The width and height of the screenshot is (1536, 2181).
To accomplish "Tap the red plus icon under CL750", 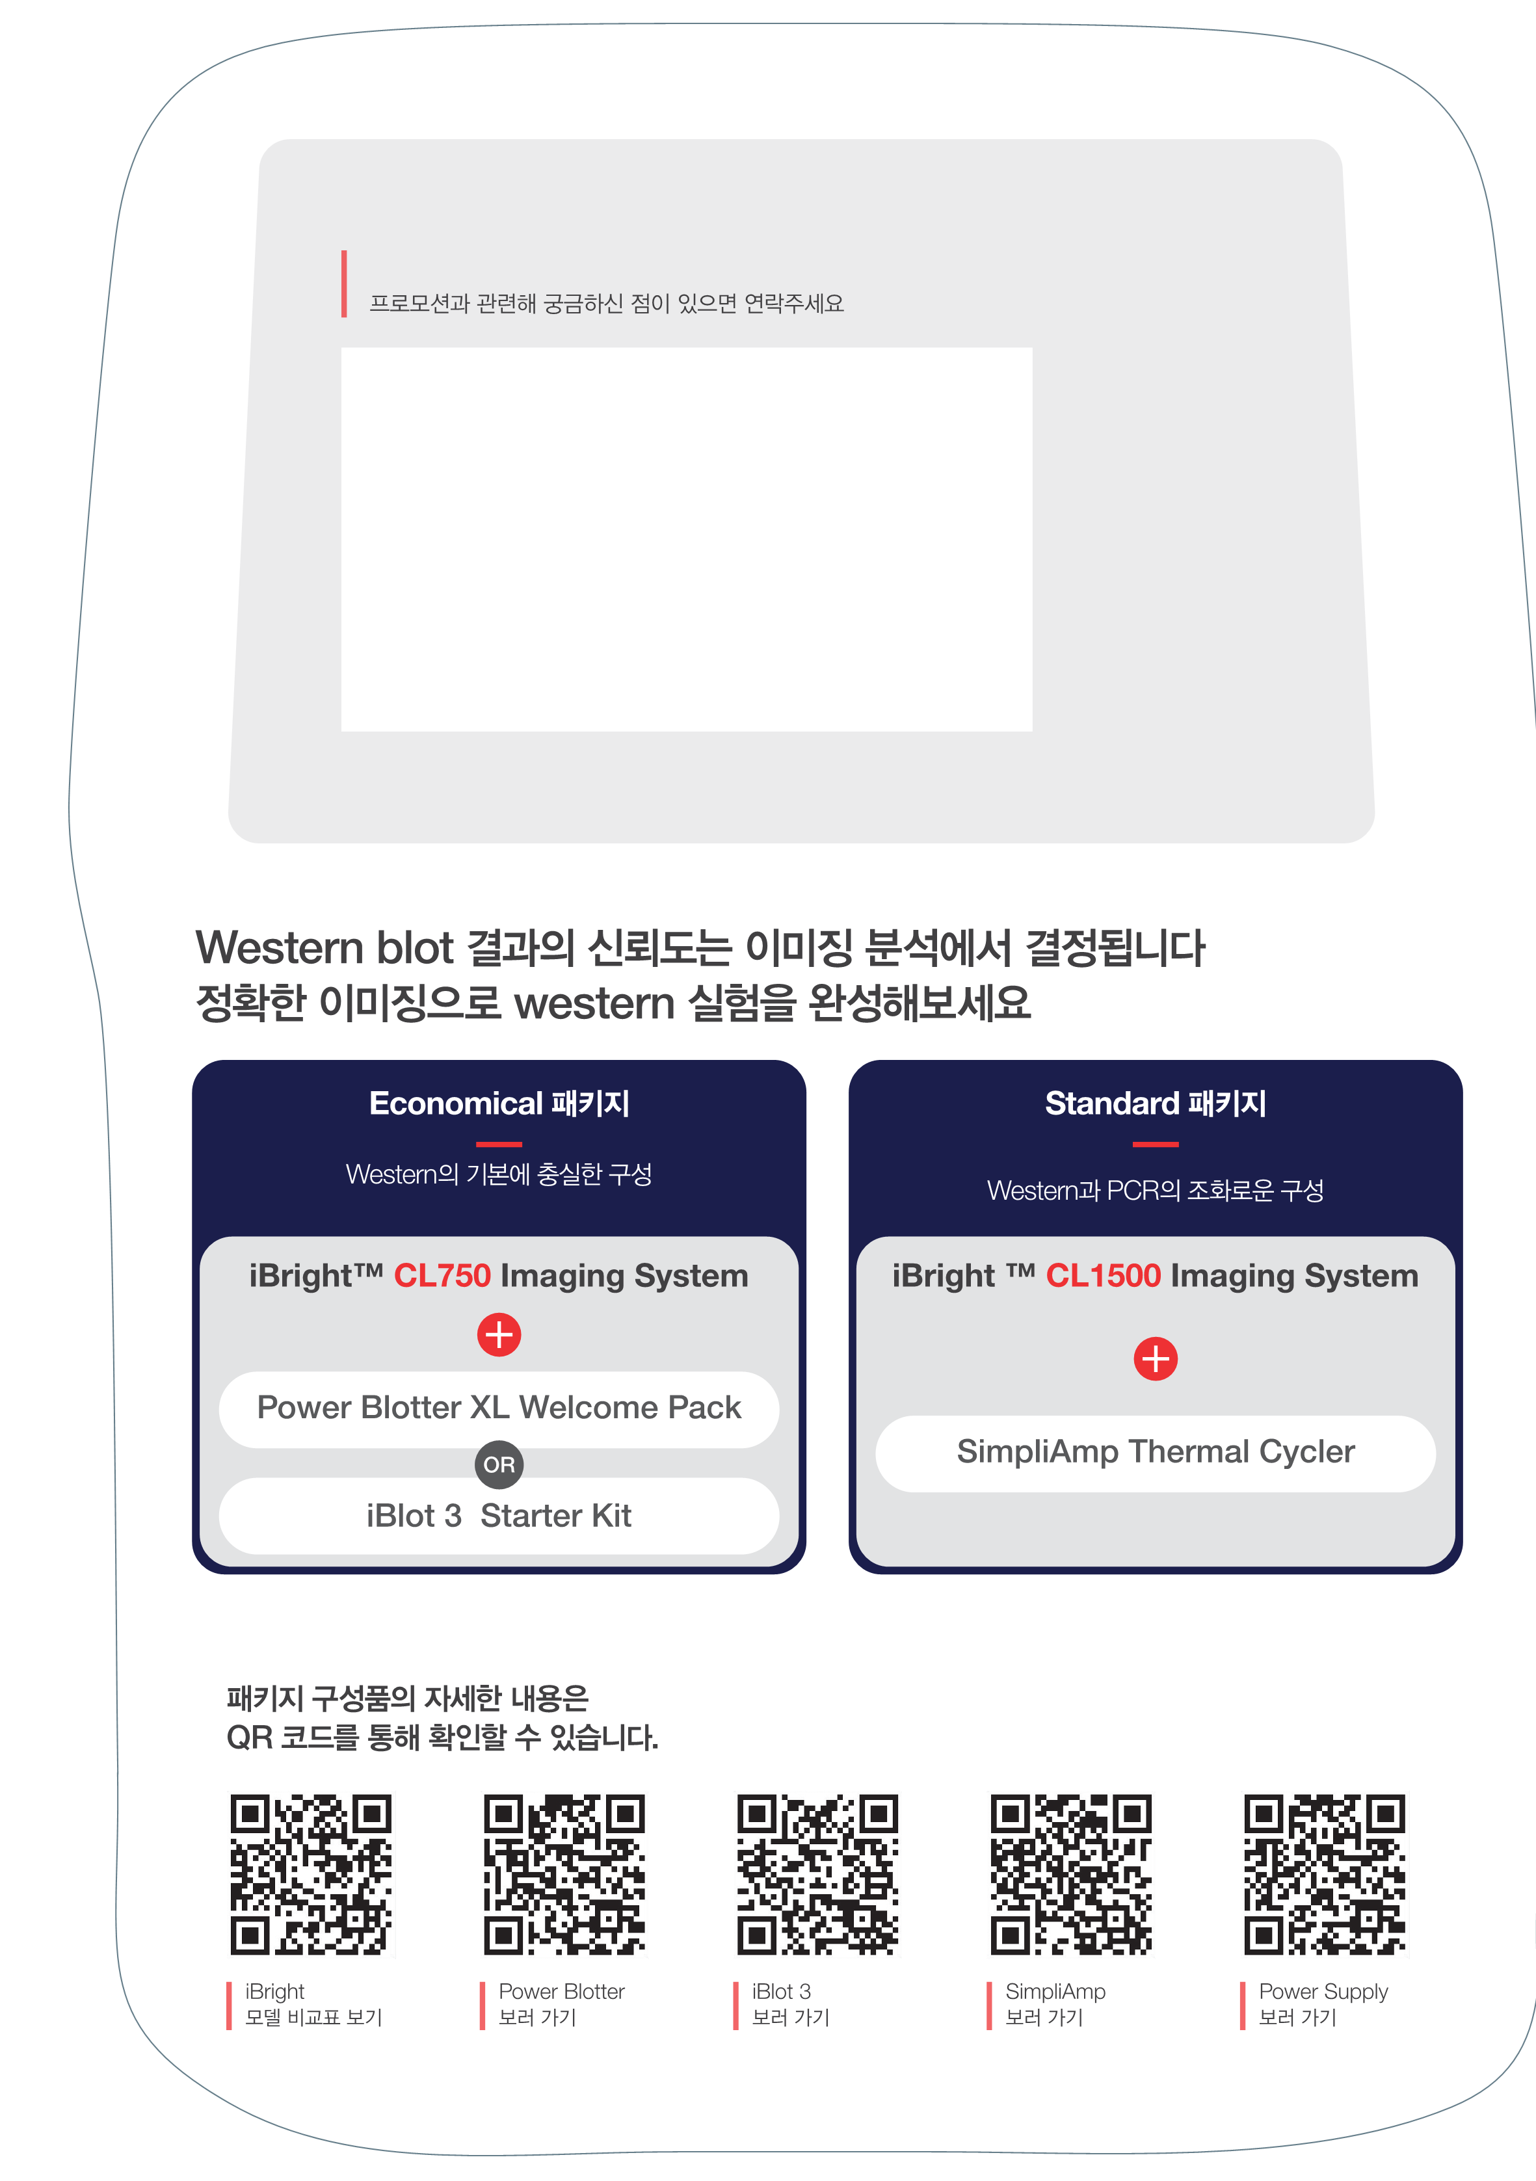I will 499,1334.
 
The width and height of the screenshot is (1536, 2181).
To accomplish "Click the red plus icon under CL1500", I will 1155,1358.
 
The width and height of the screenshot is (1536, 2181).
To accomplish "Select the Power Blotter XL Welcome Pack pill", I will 499,1408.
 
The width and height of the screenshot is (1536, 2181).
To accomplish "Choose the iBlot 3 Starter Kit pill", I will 499,1516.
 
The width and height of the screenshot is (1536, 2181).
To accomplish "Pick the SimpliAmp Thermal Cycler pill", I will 1155,1453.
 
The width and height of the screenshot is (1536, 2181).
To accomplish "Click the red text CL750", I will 442,1276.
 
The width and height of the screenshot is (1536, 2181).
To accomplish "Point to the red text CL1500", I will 1103,1276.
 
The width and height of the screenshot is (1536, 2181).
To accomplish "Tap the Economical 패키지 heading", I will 499,1104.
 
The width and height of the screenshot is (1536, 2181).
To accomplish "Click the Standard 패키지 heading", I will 1155,1104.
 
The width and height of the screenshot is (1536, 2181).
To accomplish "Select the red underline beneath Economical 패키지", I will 499,1144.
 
